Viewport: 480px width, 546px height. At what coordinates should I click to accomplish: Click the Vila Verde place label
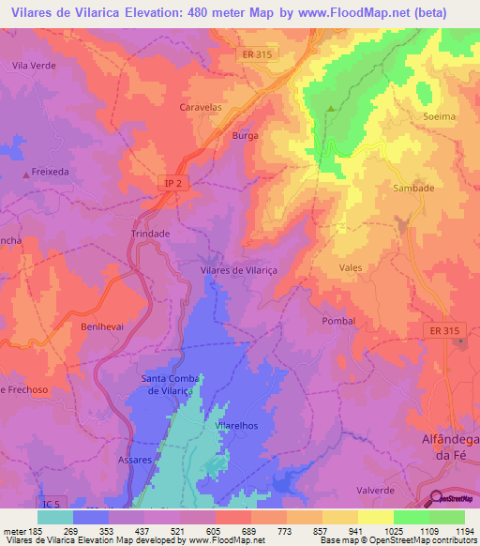point(35,65)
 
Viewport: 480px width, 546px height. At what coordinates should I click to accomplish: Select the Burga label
point(245,136)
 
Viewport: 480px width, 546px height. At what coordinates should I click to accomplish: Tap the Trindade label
point(150,234)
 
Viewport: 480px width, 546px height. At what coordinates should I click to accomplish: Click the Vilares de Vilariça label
point(247,269)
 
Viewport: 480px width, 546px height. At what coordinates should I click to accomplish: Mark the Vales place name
point(350,267)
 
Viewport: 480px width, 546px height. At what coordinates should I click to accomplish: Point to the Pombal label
point(338,321)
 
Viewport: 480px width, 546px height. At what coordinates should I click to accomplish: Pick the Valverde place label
point(375,463)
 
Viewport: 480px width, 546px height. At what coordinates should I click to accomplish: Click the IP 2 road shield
point(172,185)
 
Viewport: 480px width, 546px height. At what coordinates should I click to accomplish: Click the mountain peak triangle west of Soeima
point(330,109)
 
